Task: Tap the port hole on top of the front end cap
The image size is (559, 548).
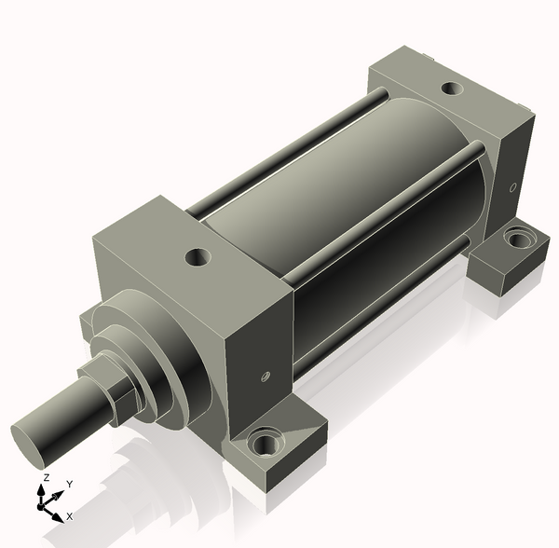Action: pyautogui.click(x=198, y=257)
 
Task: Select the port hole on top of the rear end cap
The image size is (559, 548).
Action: pyautogui.click(x=452, y=89)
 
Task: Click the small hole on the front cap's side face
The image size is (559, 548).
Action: pyautogui.click(x=266, y=377)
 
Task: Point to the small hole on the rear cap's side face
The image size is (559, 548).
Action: pyautogui.click(x=513, y=186)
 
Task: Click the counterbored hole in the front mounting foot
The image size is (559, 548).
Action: pyautogui.click(x=265, y=442)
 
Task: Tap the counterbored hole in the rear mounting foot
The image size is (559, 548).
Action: pyautogui.click(x=518, y=239)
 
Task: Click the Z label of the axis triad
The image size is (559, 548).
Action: pyautogui.click(x=46, y=478)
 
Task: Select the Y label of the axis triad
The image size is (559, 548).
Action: pyautogui.click(x=70, y=485)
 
